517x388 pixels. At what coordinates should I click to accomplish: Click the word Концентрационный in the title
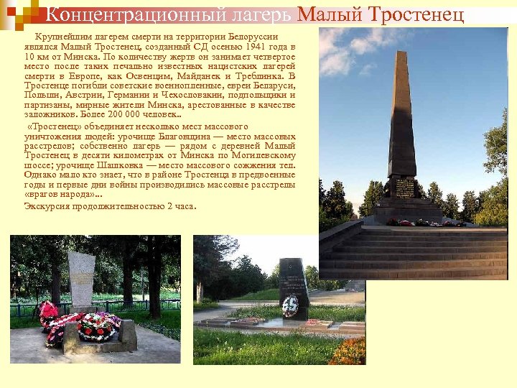coord(168,15)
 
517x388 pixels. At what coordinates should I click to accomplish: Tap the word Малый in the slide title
coord(327,15)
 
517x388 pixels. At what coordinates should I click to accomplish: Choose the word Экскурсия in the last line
coord(48,206)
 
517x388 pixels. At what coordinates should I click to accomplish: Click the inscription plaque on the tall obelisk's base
coord(404,188)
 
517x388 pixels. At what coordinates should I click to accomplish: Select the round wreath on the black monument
coord(290,306)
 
